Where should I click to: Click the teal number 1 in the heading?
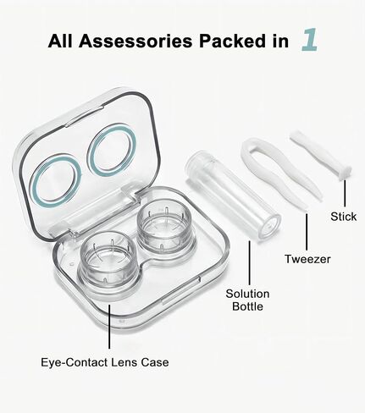coord(310,40)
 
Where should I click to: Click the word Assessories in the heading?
coord(135,41)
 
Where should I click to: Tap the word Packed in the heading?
coord(232,41)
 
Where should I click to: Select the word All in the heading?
coord(60,41)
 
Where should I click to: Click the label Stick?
coord(344,217)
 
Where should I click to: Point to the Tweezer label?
coord(307,259)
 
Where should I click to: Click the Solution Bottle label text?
coord(247,300)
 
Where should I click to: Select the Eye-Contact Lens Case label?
coord(105,362)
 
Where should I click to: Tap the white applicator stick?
coord(320,154)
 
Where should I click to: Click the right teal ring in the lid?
coord(112,150)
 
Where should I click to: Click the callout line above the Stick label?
coord(345,194)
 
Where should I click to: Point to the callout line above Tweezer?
coord(307,231)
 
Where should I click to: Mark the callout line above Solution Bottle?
coord(249,263)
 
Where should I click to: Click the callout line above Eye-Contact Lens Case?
coord(109,327)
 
